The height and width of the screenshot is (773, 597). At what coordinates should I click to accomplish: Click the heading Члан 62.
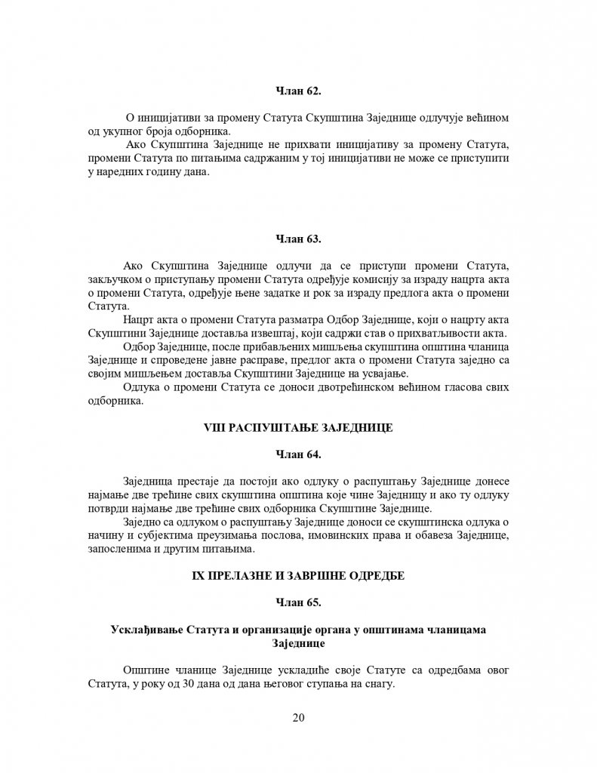tap(298, 91)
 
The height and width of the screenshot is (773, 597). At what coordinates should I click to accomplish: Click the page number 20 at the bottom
tap(298, 717)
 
